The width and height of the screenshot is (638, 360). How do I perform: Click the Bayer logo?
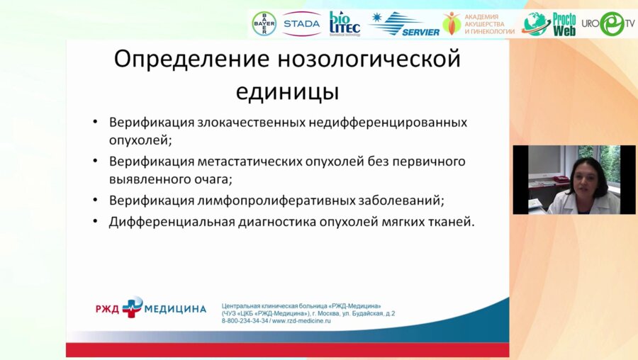pos(264,23)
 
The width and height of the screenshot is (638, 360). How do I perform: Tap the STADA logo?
pos(301,24)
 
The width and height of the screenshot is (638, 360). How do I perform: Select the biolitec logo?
pos(345,23)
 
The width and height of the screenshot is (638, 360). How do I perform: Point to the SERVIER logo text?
pos(420,32)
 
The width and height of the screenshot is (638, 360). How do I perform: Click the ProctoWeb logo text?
pos(564,24)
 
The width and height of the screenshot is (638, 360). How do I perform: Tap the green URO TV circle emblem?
pos(612,23)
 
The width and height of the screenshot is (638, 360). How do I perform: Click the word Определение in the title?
pos(191,60)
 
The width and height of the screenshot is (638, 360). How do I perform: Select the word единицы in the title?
pos(287,92)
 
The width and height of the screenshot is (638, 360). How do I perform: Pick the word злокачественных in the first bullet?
pos(252,123)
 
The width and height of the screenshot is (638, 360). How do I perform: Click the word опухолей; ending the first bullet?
pos(140,140)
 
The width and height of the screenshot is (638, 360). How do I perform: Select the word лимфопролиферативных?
pos(276,201)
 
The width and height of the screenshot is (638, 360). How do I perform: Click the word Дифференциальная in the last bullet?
pos(172,222)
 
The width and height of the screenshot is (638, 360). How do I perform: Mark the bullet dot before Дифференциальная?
pos(95,222)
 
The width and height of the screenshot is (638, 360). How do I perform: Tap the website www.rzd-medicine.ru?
pos(301,320)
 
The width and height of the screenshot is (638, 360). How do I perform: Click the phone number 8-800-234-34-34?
pos(245,320)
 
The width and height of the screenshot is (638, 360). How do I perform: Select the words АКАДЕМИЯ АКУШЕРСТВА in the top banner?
pos(484,21)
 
